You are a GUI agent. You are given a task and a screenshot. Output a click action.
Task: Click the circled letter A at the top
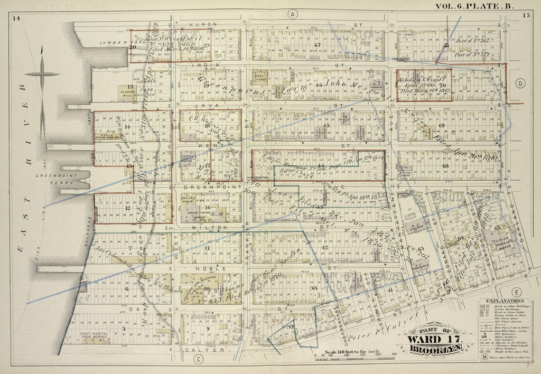pyautogui.click(x=292, y=14)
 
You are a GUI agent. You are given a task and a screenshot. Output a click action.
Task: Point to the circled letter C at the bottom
pyautogui.click(x=199, y=360)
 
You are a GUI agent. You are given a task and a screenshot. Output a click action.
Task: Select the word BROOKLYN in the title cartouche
pyautogui.click(x=434, y=348)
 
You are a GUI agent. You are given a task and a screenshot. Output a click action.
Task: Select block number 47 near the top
pyautogui.click(x=318, y=45)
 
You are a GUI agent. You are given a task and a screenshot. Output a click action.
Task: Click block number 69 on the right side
pyautogui.click(x=442, y=125)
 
